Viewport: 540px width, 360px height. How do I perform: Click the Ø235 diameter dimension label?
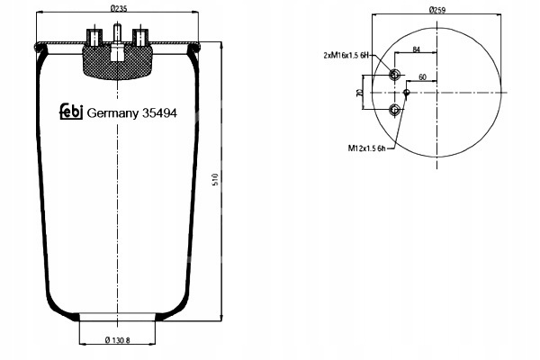pos(118,10)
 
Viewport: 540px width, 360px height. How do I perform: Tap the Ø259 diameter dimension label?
pos(438,10)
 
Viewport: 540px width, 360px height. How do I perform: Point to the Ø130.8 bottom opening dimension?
pos(118,338)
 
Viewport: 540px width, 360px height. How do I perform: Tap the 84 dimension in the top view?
pos(416,50)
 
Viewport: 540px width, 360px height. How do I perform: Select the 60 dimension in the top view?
pos(422,77)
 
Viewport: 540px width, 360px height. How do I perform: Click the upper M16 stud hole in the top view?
pos(394,76)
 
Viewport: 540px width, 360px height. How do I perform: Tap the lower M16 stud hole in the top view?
pos(394,110)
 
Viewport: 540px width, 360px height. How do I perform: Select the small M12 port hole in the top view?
pos(407,92)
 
